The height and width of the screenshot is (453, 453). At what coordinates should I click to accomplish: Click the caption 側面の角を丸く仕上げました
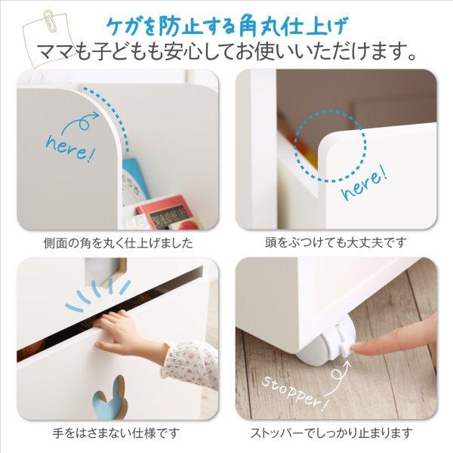(x=119, y=243)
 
